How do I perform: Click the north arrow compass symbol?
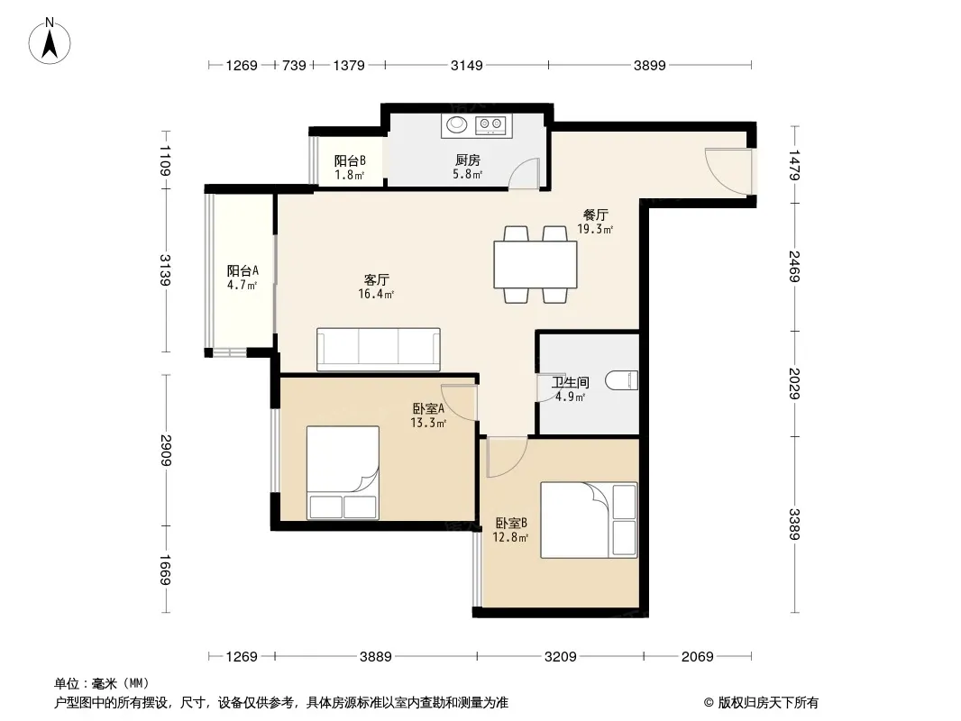click(49, 41)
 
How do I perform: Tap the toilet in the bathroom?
click(621, 380)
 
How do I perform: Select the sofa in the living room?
click(378, 349)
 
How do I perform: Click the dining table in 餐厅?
click(535, 265)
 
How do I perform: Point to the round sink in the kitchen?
click(456, 124)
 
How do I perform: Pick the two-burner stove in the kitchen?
click(491, 125)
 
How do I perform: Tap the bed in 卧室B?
click(589, 520)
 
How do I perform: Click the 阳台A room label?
click(243, 270)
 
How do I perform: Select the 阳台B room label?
click(350, 160)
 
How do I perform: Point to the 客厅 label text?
click(376, 280)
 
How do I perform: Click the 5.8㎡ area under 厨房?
click(468, 175)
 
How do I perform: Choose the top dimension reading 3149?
click(467, 65)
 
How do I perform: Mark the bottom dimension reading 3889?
click(376, 657)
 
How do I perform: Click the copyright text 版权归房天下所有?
click(768, 703)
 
